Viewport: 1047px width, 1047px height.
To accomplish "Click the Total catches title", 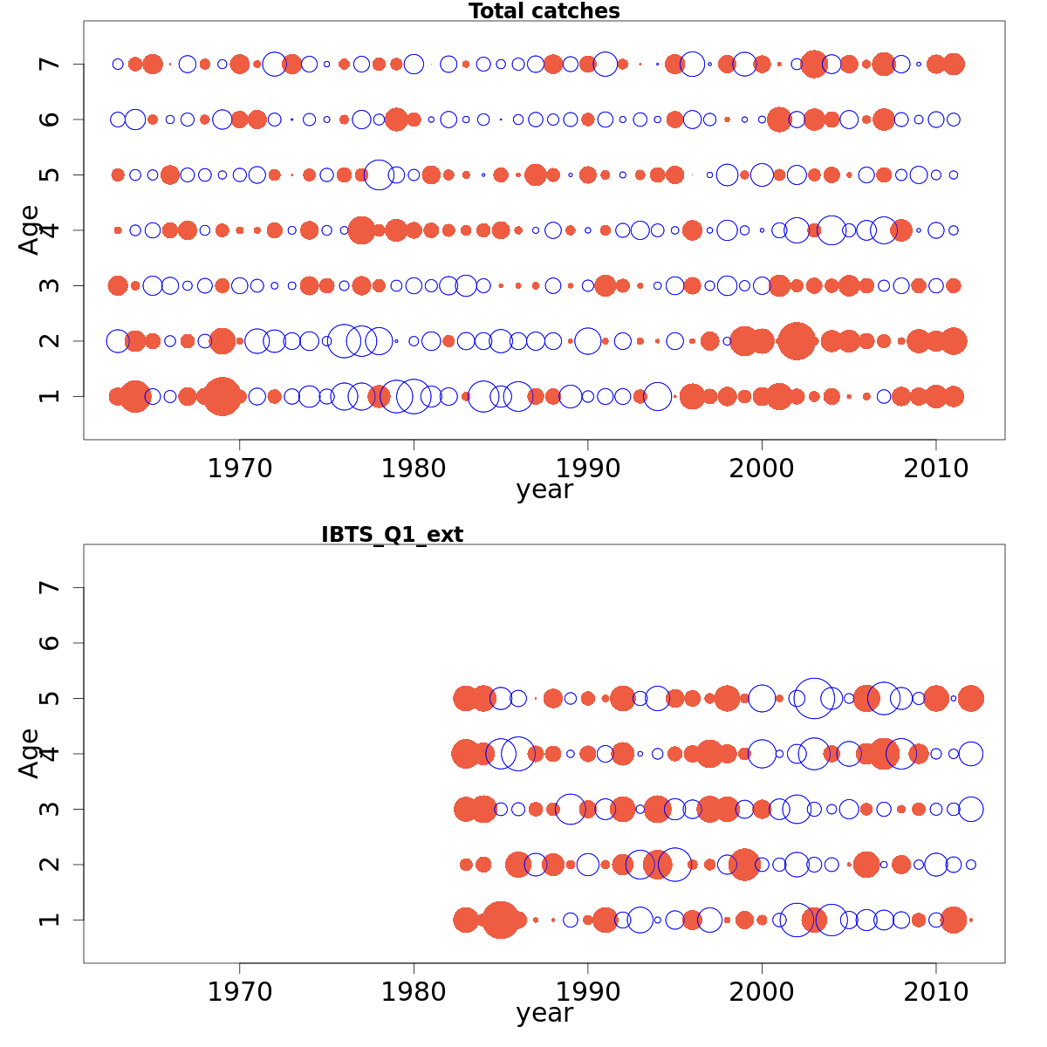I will point(544,11).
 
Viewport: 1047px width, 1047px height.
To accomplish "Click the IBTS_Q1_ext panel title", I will point(392,535).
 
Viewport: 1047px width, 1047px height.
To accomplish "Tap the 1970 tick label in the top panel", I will point(239,469).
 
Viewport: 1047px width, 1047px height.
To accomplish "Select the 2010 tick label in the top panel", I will point(936,469).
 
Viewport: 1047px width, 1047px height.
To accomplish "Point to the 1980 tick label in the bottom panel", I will point(414,992).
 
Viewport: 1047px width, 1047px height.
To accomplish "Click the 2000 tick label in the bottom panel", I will point(762,992).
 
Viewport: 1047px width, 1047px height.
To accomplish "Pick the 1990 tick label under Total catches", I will point(587,469).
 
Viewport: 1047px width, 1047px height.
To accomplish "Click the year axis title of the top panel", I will point(544,490).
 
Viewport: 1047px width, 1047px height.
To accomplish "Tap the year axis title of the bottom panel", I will point(544,1014).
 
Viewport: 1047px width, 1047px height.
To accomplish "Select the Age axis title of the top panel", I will point(30,229).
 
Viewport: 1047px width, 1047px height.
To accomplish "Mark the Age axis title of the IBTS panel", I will point(30,753).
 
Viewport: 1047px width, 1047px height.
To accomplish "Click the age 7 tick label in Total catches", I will point(51,64).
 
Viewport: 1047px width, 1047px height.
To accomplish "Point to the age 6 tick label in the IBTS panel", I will point(51,643).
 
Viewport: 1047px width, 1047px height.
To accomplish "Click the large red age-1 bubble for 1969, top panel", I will point(222,396).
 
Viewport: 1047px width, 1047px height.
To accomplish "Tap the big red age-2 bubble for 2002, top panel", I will point(797,340).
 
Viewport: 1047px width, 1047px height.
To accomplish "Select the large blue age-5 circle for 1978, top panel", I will point(379,174).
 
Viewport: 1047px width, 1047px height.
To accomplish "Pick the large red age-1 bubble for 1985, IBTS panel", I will point(501,920).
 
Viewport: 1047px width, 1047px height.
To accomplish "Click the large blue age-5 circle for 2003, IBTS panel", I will point(814,698).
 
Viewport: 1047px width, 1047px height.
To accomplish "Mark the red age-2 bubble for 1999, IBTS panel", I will point(744,865).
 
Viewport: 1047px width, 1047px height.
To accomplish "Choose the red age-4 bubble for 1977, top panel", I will point(361,230).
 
